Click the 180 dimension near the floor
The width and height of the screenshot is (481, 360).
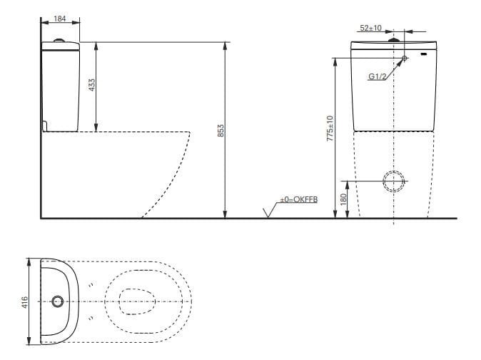pos(343,203)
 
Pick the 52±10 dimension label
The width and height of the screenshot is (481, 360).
pos(370,28)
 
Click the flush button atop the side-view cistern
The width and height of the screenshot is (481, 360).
pos(60,40)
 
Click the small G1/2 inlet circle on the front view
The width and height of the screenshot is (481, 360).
pos(405,58)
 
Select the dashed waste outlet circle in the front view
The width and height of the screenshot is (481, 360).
pos(393,182)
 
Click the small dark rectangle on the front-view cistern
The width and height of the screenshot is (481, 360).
pos(424,54)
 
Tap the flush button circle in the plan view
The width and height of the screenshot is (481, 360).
pos(58,301)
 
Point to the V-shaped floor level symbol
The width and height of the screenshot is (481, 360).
pos(270,212)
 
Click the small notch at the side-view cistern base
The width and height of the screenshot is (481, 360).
pos(45,126)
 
